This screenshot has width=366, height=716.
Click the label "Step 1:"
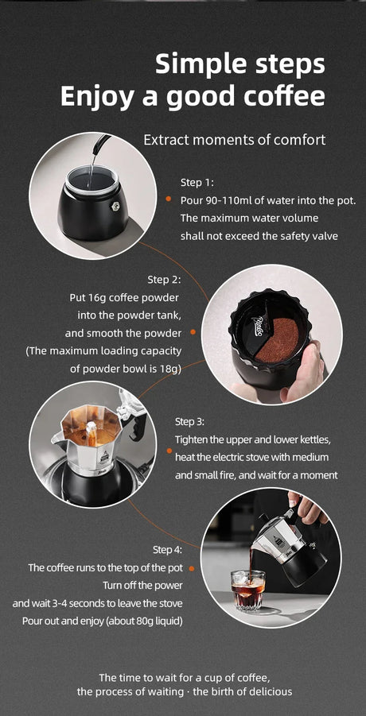click(197, 183)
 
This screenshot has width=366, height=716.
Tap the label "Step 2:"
click(165, 280)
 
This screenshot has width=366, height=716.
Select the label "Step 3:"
click(190, 421)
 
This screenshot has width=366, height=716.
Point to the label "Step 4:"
click(167, 550)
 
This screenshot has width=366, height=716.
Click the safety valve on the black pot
click(114, 207)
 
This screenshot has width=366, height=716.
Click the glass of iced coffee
click(247, 590)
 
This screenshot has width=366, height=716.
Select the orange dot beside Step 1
click(169, 199)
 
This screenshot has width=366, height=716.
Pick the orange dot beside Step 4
click(192, 568)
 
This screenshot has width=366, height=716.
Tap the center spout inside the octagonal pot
click(91, 432)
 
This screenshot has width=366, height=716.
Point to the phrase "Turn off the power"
click(142, 586)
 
